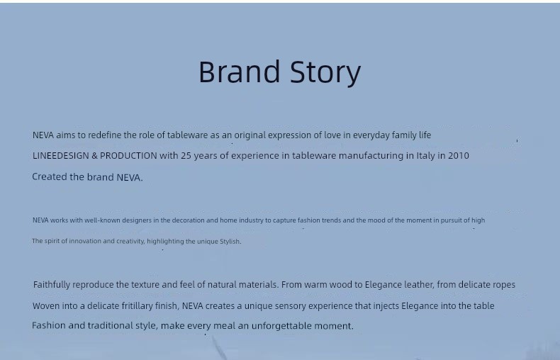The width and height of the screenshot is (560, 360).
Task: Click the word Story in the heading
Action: pyautogui.click(x=325, y=73)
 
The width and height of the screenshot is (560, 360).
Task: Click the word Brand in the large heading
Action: pyautogui.click(x=239, y=72)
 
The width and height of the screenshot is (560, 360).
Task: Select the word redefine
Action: pyautogui.click(x=105, y=135)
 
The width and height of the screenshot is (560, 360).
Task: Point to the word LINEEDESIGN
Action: pyautogui.click(x=61, y=156)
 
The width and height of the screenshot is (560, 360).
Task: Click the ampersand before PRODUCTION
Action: pyautogui.click(x=94, y=156)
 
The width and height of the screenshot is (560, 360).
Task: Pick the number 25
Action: pyautogui.click(x=186, y=156)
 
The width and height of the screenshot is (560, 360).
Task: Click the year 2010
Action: pyautogui.click(x=459, y=156)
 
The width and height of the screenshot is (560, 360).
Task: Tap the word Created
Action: pyautogui.click(x=50, y=176)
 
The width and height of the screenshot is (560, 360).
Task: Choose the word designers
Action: pyautogui.click(x=137, y=220)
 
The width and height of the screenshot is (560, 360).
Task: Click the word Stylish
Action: pyautogui.click(x=230, y=242)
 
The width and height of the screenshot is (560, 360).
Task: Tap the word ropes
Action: pyautogui.click(x=504, y=285)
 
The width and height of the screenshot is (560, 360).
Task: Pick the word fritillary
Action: pyautogui.click(x=137, y=306)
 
